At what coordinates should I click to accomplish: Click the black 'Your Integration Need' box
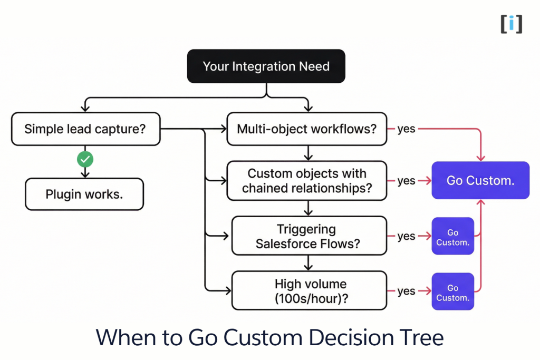[266, 66]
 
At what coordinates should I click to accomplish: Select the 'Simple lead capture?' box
[85, 129]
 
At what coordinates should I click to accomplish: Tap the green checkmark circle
[85, 159]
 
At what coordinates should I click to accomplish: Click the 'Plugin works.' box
[84, 194]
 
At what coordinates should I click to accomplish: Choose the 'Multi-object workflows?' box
[306, 129]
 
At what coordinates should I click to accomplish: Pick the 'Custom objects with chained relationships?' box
[306, 181]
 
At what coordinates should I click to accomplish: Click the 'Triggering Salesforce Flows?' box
[309, 236]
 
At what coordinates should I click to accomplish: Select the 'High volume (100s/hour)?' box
[309, 291]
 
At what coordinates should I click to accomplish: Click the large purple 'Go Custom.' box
[480, 180]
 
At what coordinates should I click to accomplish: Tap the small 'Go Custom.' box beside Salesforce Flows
[452, 237]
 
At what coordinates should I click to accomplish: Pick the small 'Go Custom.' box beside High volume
[452, 293]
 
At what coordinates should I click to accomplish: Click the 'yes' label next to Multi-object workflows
[406, 129]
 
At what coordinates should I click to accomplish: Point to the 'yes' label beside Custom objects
[406, 181]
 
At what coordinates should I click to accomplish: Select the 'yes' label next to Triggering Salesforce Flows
[406, 236]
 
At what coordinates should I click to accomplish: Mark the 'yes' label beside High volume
[406, 291]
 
